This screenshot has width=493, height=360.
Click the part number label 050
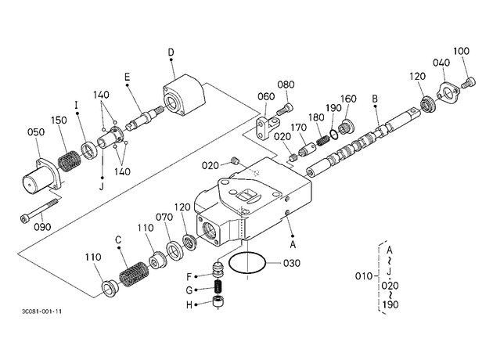tap(36, 132)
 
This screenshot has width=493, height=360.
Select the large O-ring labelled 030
tap(229, 264)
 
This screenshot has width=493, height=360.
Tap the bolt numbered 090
tap(40, 209)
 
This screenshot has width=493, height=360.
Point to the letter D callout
tap(171, 52)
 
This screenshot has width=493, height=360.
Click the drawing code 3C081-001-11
tap(41, 311)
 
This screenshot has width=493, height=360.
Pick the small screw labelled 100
tap(469, 82)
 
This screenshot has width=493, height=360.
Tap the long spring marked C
tap(134, 274)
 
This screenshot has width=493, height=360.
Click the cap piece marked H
tap(218, 302)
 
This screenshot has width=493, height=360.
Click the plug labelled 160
tap(346, 127)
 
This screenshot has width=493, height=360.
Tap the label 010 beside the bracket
tap(364, 276)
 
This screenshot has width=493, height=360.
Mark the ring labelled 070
tap(175, 250)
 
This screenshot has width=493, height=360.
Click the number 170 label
tap(298, 128)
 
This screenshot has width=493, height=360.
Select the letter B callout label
tap(375, 99)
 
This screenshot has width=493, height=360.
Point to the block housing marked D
tap(184, 95)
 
